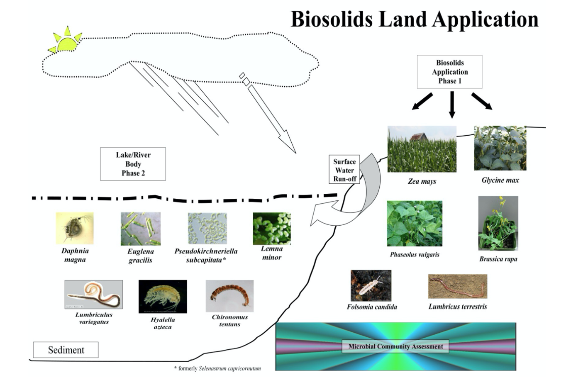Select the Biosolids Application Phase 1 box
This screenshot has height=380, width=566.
[x=449, y=72]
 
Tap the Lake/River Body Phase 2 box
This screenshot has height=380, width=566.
[x=133, y=164]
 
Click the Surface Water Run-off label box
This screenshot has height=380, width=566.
[x=344, y=170]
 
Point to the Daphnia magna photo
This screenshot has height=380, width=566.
[x=75, y=228]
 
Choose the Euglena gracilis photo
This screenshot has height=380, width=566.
[x=140, y=229]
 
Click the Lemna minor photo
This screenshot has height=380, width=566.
[x=272, y=229]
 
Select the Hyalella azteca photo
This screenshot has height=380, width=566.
[x=163, y=296]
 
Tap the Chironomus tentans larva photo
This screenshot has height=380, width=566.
[x=229, y=296]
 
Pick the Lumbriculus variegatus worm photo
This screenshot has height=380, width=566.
[x=93, y=295]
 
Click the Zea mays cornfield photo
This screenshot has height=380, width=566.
[x=422, y=149]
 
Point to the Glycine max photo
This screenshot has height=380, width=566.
[x=500, y=148]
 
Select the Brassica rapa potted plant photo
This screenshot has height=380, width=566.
[x=498, y=223]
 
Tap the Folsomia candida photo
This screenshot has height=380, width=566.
[x=371, y=286]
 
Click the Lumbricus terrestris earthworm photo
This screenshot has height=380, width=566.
[x=458, y=286]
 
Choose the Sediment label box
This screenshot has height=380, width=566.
[x=66, y=350]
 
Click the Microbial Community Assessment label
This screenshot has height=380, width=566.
[x=395, y=346]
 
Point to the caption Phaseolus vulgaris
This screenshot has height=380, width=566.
[x=415, y=255]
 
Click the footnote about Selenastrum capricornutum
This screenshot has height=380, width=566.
[x=217, y=368]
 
